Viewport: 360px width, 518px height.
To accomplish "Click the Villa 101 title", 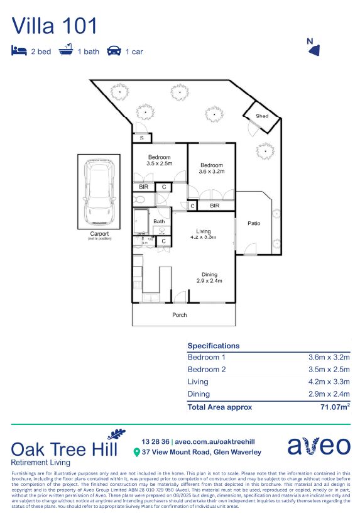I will (55, 26).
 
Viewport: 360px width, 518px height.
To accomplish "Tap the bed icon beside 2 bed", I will (19, 51).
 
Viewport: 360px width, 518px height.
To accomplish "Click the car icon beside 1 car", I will (114, 51).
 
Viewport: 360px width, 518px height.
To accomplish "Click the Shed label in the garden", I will (262, 116).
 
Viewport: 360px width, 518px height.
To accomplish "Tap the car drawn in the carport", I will (99, 192).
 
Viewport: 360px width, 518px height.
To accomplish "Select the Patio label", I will (254, 223).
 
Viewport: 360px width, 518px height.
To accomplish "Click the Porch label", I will (180, 315).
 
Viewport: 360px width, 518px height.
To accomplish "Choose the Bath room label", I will (159, 221).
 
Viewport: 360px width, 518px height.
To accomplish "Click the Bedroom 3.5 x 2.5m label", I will (159, 160).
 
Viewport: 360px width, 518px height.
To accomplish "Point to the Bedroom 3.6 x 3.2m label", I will (210, 168).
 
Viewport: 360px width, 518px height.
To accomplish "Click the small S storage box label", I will (141, 138).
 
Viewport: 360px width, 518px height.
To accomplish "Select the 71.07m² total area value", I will (333, 407).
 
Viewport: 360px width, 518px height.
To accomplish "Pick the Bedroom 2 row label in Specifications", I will (207, 369).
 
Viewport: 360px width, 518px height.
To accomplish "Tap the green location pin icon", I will (136, 452).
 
